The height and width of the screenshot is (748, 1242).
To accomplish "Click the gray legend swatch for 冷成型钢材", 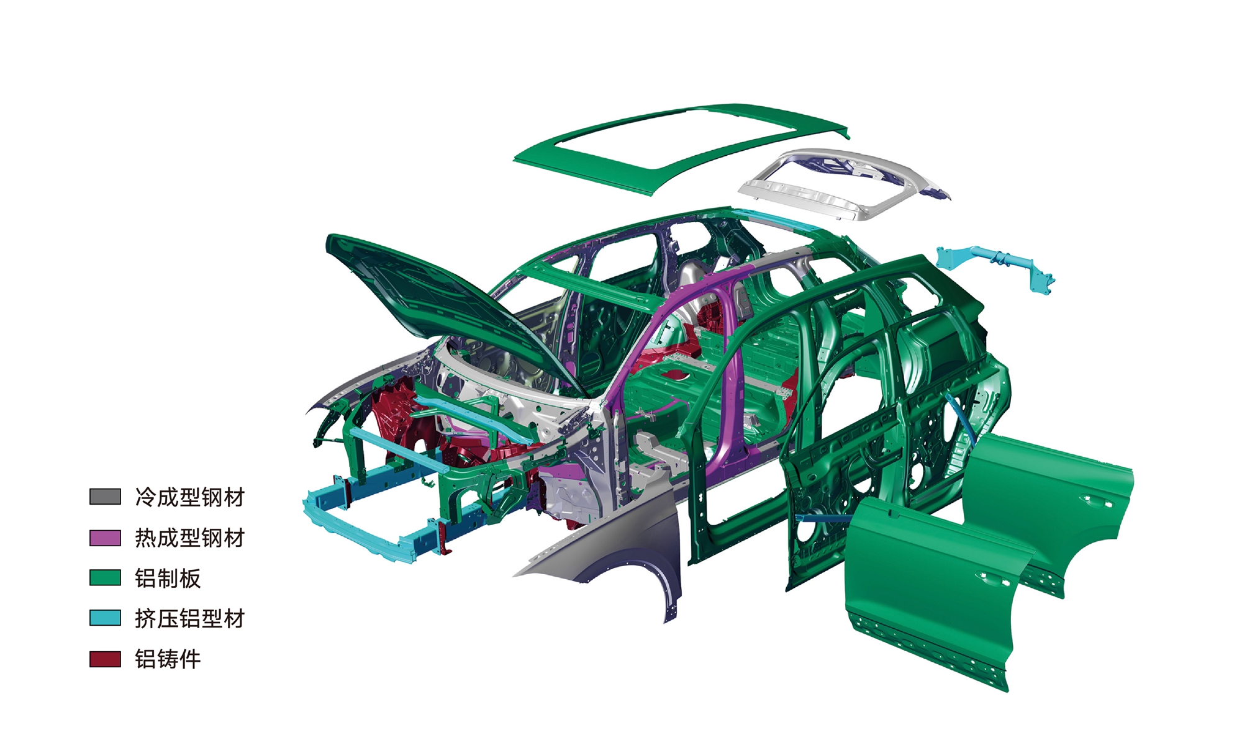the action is coord(105,497).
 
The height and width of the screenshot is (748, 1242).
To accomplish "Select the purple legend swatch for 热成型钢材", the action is coord(105,538).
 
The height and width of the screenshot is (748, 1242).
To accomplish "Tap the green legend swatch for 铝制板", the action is coord(105,578).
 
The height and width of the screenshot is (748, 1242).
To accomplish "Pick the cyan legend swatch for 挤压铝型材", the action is coord(105,618).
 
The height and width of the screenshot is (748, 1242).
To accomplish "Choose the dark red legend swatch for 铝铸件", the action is coord(105,659).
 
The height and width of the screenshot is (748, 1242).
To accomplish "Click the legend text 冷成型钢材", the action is coord(190,497).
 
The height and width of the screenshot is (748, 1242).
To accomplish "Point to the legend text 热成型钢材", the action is coord(190,538).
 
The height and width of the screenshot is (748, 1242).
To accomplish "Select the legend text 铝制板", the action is coord(168,578).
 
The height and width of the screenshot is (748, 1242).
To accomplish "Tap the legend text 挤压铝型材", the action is coord(190,618).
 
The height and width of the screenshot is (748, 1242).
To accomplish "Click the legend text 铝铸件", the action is coord(168,659).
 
